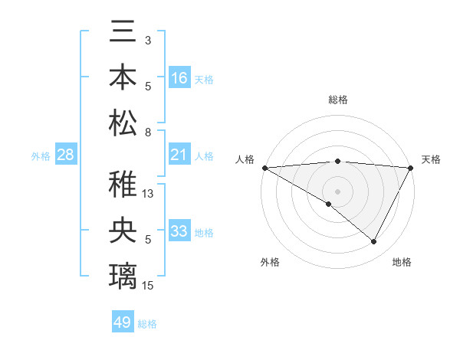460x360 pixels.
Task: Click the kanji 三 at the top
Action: click(x=123, y=34)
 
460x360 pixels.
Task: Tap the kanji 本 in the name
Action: click(x=123, y=79)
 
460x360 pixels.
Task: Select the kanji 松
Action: click(x=123, y=123)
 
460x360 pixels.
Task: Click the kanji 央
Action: click(x=123, y=231)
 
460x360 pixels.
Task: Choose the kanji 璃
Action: click(x=123, y=275)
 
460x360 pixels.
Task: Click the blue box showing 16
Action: click(x=179, y=78)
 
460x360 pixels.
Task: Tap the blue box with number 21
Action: click(x=179, y=155)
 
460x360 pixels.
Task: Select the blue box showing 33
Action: click(x=179, y=231)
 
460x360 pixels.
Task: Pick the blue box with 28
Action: click(x=66, y=155)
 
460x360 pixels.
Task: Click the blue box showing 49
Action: click(x=123, y=322)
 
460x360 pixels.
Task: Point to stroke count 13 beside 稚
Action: click(x=149, y=194)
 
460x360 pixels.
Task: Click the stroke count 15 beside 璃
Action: click(x=149, y=285)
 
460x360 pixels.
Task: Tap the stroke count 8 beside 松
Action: click(x=147, y=132)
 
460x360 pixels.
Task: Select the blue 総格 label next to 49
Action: click(x=147, y=324)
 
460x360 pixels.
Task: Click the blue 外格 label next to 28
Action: click(x=41, y=156)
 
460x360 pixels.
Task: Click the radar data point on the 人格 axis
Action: click(x=264, y=168)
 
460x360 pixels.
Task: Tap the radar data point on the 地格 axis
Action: click(x=374, y=242)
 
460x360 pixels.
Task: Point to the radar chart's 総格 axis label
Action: click(x=338, y=100)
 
